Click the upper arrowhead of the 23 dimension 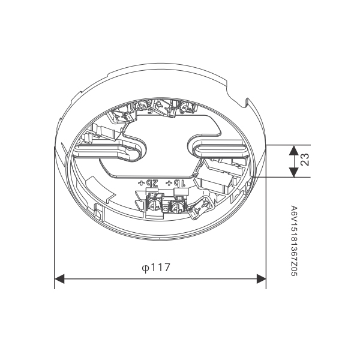(293, 150)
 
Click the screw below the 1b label (177, 208)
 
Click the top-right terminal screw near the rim (186, 108)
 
